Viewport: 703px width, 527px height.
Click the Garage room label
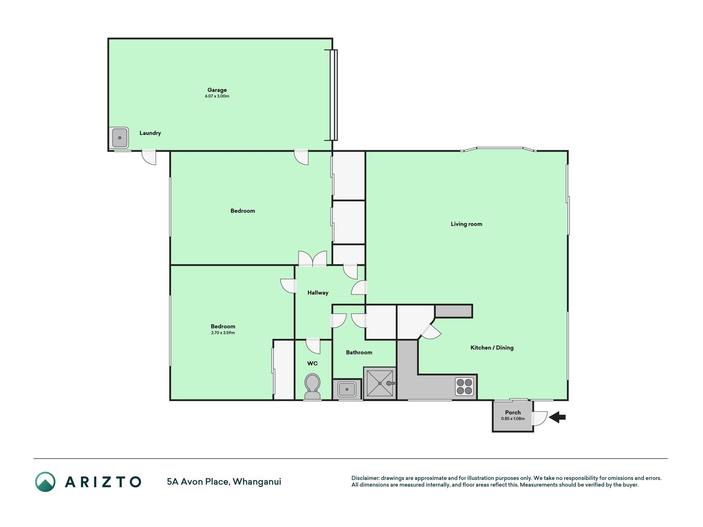pyautogui.click(x=217, y=90)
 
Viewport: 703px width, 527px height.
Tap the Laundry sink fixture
pyautogui.click(x=119, y=138)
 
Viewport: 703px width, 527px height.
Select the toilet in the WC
pyautogui.click(x=313, y=386)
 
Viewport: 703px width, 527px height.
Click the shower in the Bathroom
pyautogui.click(x=380, y=383)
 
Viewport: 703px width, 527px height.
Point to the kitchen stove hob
pyautogui.click(x=465, y=386)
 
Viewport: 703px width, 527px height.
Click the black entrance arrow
pyautogui.click(x=558, y=417)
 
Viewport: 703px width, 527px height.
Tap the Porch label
pyautogui.click(x=513, y=412)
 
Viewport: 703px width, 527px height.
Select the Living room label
pyautogui.click(x=466, y=224)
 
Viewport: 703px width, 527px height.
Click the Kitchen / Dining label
pyautogui.click(x=492, y=347)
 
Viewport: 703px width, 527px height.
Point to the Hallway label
pyautogui.click(x=318, y=293)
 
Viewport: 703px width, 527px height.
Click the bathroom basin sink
pyautogui.click(x=347, y=389)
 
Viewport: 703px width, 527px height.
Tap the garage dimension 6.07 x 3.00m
pyautogui.click(x=217, y=96)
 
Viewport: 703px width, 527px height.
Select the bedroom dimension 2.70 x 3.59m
pyautogui.click(x=223, y=333)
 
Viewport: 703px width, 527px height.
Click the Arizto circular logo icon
pyautogui.click(x=45, y=482)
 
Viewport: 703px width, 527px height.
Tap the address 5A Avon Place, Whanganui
pyautogui.click(x=224, y=482)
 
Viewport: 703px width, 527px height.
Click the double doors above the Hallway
pyautogui.click(x=313, y=259)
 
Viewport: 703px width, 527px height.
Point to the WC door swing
pyautogui.click(x=313, y=346)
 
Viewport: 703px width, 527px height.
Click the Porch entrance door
pyautogui.click(x=540, y=418)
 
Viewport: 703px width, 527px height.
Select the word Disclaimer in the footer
pyautogui.click(x=365, y=478)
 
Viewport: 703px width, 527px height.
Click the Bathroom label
pyautogui.click(x=359, y=352)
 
